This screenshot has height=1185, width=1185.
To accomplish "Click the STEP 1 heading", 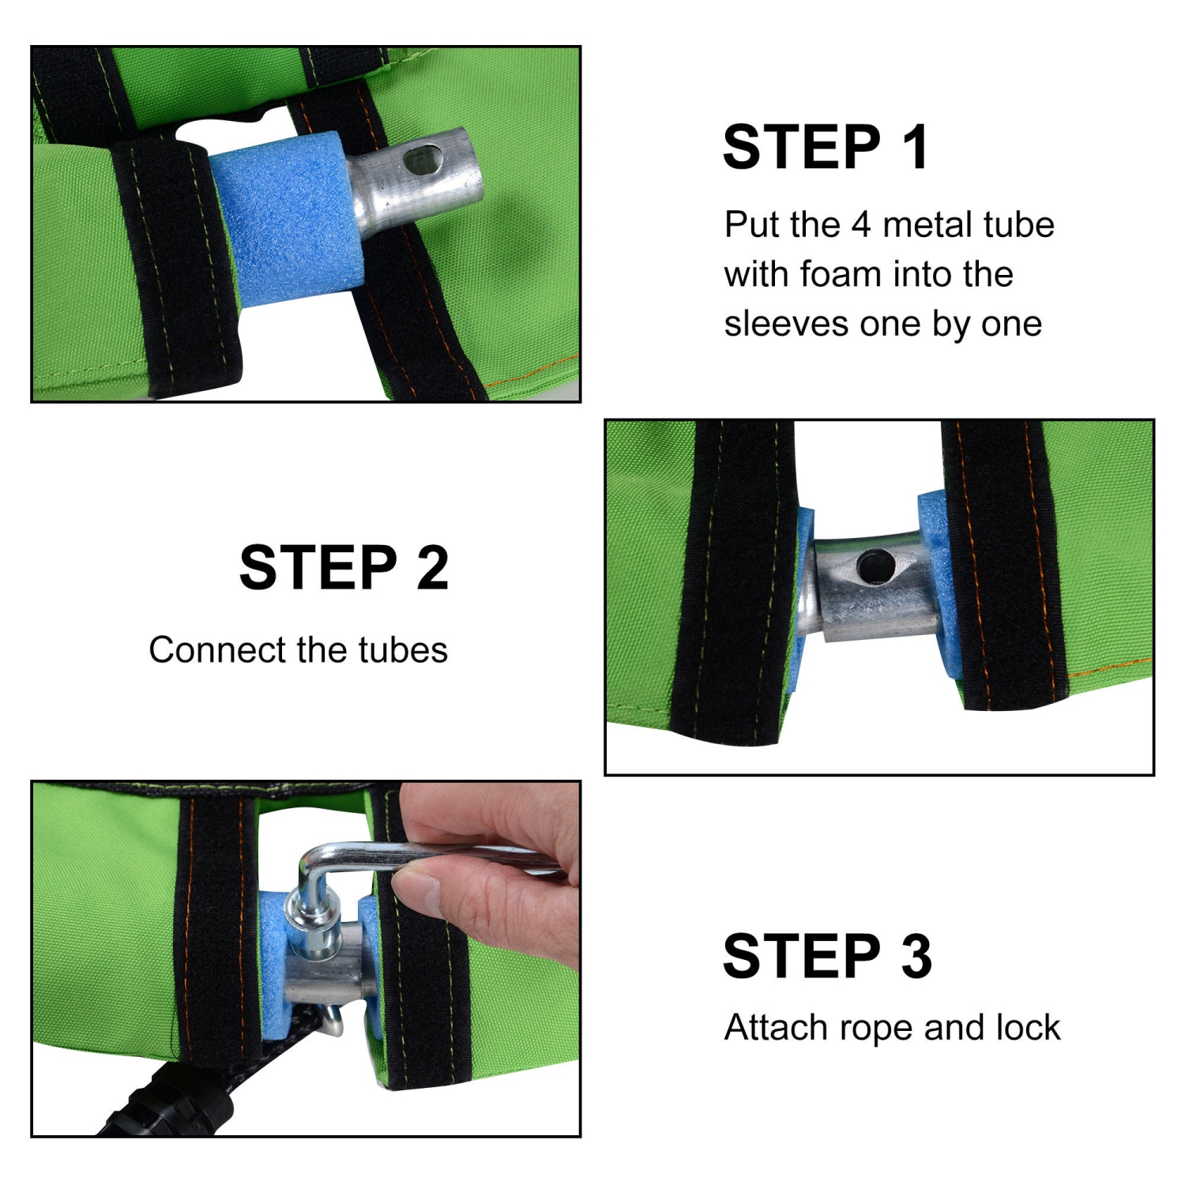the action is tap(826, 147).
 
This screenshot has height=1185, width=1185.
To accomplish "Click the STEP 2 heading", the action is tap(344, 567).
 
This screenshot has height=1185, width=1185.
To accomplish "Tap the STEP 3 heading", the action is tap(827, 956).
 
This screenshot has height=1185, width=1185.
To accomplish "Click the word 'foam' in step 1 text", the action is tap(841, 274).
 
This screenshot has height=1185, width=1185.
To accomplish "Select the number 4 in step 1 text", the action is tap(860, 225).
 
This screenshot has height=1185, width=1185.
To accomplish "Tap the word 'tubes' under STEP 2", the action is tap(403, 650).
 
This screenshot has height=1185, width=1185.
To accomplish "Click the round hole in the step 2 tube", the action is tap(875, 566).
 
